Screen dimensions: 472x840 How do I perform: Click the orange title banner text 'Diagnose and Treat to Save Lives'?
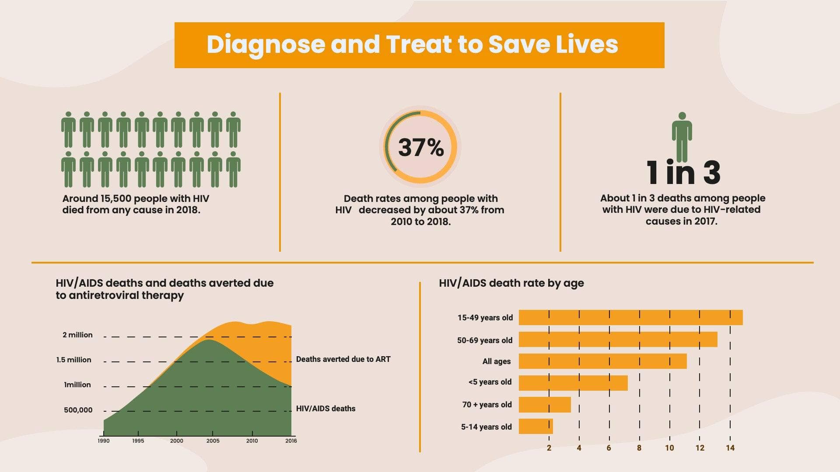pyautogui.click(x=412, y=45)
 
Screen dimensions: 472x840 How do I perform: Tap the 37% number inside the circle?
pyautogui.click(x=420, y=148)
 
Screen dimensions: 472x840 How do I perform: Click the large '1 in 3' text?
pyautogui.click(x=683, y=173)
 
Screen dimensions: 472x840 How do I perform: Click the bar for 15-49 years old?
pyautogui.click(x=630, y=318)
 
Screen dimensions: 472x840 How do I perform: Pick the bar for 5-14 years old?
pyautogui.click(x=535, y=427)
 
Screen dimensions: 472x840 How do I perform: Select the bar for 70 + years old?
pyautogui.click(x=544, y=405)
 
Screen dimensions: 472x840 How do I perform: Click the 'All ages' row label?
pyautogui.click(x=496, y=361)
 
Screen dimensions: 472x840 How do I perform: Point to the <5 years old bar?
pyautogui.click(x=573, y=383)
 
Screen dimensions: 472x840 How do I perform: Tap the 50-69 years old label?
pyautogui.click(x=484, y=340)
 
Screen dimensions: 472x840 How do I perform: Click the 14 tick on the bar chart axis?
pyautogui.click(x=730, y=448)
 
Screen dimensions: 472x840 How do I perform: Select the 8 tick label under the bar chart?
pyautogui.click(x=639, y=448)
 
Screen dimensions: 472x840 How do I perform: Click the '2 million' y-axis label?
pyautogui.click(x=77, y=335)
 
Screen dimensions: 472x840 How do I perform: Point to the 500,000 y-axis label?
pyautogui.click(x=78, y=410)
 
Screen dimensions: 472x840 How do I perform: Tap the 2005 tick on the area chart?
pyautogui.click(x=213, y=441)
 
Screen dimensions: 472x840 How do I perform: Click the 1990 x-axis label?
pyautogui.click(x=104, y=441)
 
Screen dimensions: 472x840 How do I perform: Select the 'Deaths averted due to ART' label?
pyautogui.click(x=343, y=359)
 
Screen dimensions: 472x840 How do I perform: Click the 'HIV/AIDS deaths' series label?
pyautogui.click(x=325, y=409)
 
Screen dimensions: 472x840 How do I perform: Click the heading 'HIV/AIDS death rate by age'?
pyautogui.click(x=511, y=283)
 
